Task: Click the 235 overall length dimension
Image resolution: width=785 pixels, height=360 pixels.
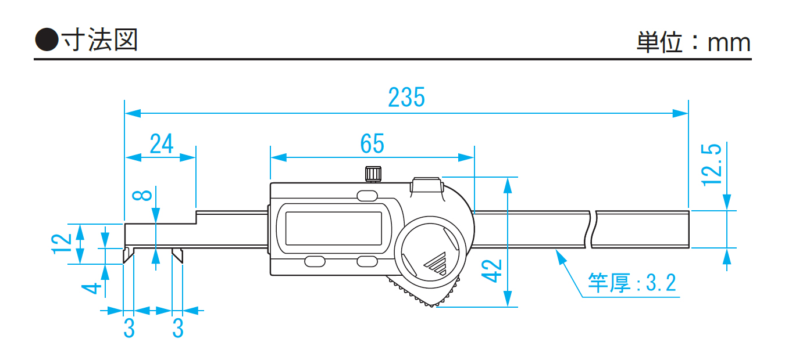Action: pyautogui.click(x=406, y=98)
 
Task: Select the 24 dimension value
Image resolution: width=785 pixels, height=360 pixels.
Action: pyautogui.click(x=161, y=143)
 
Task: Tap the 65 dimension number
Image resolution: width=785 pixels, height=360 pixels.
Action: pyautogui.click(x=372, y=143)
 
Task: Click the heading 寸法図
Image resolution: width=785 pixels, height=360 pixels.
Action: pyautogui.click(x=99, y=41)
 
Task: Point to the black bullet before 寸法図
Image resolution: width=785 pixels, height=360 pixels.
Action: pyautogui.click(x=47, y=41)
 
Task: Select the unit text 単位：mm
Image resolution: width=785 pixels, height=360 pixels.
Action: pyautogui.click(x=694, y=43)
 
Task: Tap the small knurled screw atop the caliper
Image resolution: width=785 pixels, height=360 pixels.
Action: pyautogui.click(x=373, y=174)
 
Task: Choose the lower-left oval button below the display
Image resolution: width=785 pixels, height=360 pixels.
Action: pyautogui.click(x=315, y=261)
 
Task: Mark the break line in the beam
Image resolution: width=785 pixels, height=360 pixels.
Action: pyautogui.click(x=592, y=230)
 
